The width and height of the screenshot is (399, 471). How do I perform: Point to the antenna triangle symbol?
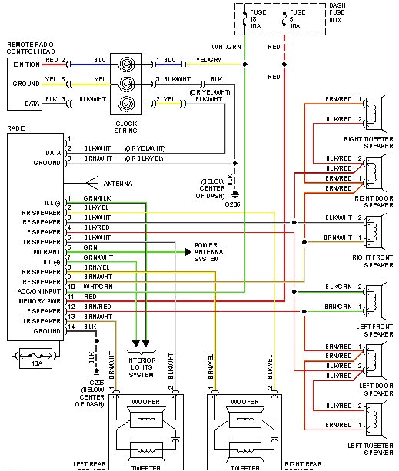(93, 184)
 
